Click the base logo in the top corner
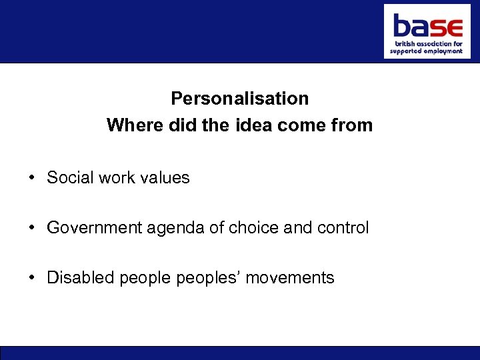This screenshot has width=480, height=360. click(x=427, y=31)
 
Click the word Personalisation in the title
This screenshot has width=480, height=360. click(x=239, y=99)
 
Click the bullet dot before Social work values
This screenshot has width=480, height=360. click(x=32, y=178)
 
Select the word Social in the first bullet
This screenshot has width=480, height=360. click(x=69, y=178)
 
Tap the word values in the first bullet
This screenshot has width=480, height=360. click(x=165, y=178)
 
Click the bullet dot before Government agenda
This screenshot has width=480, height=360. click(x=32, y=228)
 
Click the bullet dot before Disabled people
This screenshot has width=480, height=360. click(x=32, y=277)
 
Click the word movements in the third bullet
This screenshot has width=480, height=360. click(x=290, y=277)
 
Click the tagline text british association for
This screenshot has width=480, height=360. click(x=427, y=43)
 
